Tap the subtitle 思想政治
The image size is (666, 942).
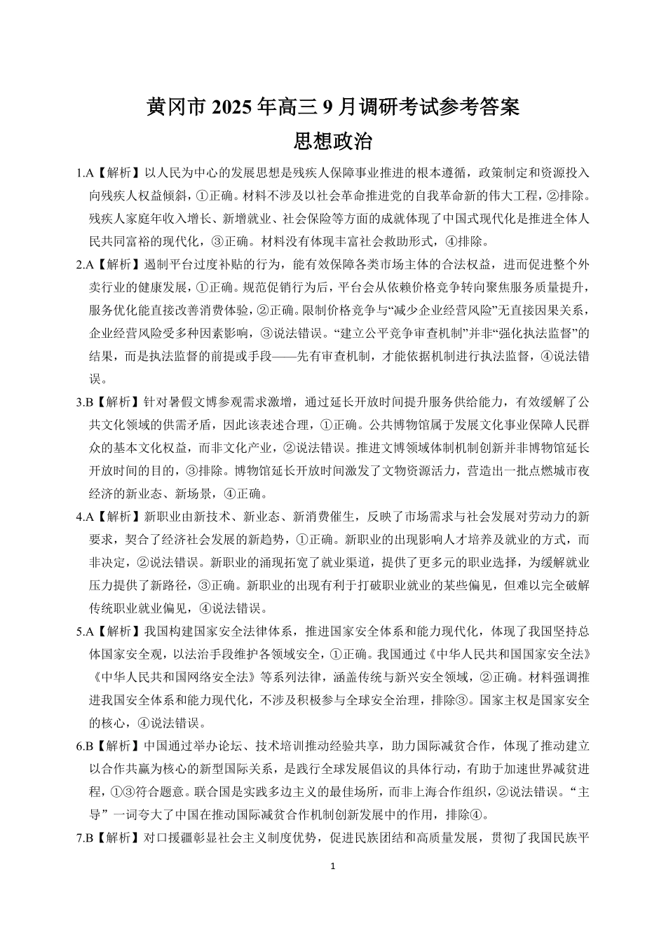333,142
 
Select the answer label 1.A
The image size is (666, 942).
85,172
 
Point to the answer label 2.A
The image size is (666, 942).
85,264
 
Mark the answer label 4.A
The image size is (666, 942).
85,517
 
